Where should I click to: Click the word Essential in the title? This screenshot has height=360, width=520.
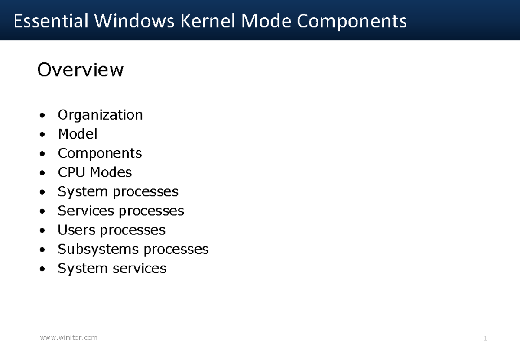coord(51,21)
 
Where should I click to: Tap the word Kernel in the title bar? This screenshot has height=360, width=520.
coord(208,21)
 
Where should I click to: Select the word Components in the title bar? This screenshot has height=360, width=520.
coord(352,22)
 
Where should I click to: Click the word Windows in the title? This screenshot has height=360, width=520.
coord(134,21)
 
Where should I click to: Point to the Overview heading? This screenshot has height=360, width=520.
coord(80,70)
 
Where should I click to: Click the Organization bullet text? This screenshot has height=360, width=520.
coord(100,115)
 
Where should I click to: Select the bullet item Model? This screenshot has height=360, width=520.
coord(78,134)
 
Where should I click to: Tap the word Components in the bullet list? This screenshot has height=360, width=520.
coord(100,154)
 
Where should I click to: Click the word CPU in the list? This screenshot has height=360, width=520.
coord(71,172)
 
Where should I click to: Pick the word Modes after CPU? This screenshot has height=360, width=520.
coord(111,172)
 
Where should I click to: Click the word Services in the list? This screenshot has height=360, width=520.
coord(86,211)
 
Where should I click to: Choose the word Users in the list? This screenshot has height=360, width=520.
coord(76,230)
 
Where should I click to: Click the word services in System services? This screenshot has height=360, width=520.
coord(139,269)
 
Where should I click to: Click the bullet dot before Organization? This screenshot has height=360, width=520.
coord(42,115)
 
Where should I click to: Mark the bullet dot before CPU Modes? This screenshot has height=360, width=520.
coord(42,173)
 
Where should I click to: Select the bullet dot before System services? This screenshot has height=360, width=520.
coord(42,269)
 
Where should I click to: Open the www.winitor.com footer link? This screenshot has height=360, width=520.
coord(69,337)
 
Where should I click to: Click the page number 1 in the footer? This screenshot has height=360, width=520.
coord(485,338)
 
